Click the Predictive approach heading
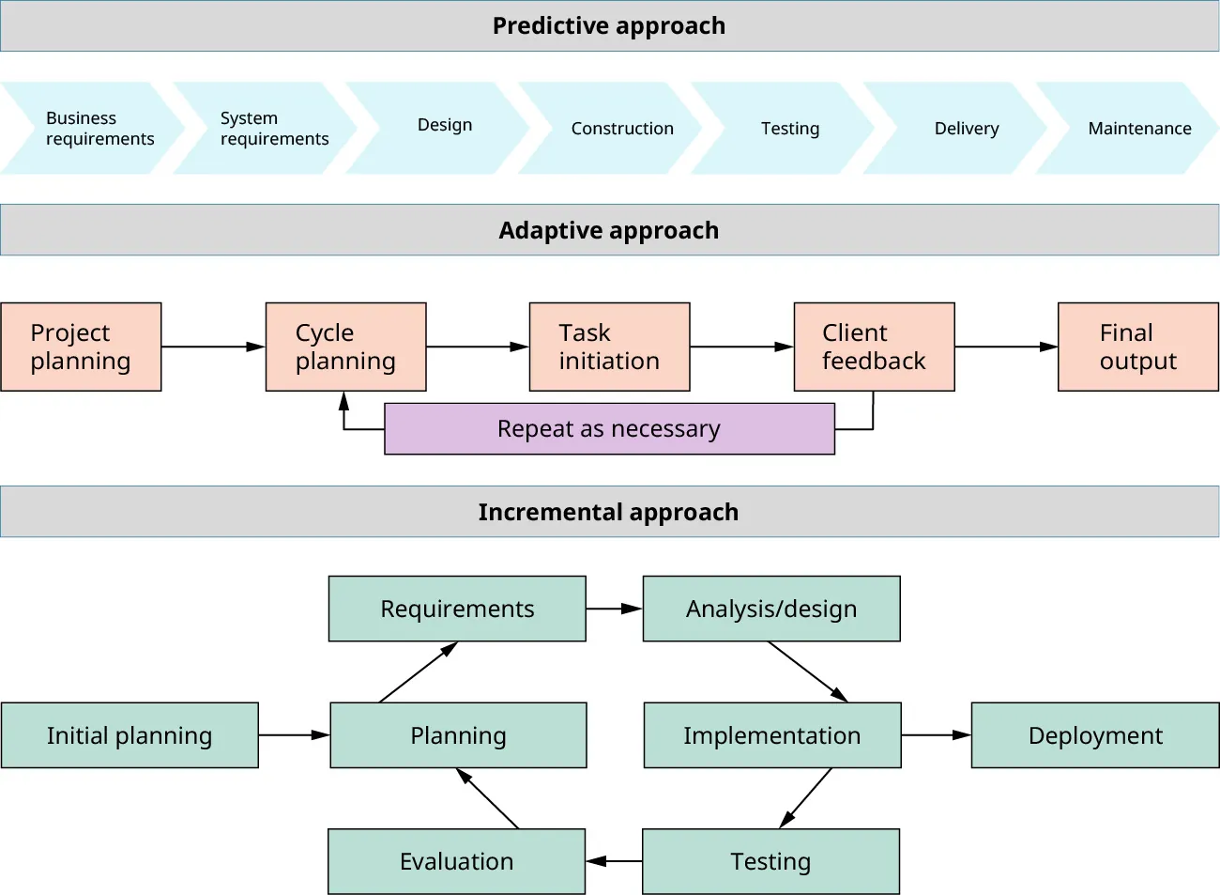click(609, 26)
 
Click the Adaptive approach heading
click(609, 230)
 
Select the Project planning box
click(82, 347)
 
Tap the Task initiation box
click(609, 347)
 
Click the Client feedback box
click(874, 347)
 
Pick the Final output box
click(1137, 347)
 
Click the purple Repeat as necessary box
click(609, 429)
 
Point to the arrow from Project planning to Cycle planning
click(213, 347)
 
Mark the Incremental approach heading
click(609, 512)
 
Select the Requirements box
click(457, 609)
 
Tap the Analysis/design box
click(771, 609)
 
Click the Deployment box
click(1095, 735)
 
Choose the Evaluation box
click(457, 861)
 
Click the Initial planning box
click(130, 735)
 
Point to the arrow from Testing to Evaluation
click(615, 861)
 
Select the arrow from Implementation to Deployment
click(936, 735)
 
